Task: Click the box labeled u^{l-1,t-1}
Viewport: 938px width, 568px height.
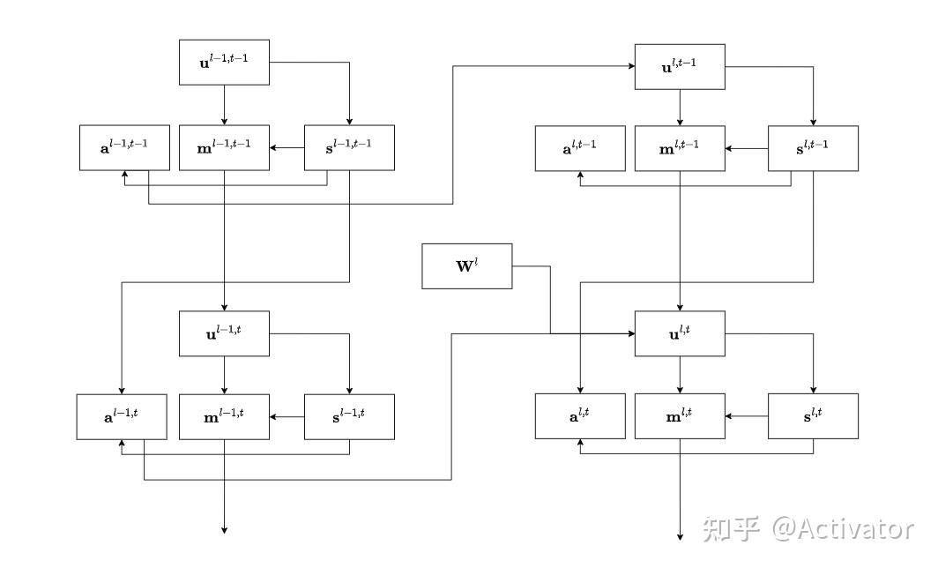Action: pyautogui.click(x=224, y=62)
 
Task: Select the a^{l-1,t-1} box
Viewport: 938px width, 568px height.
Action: pyautogui.click(x=123, y=147)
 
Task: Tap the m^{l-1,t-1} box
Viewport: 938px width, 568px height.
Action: pyautogui.click(x=224, y=147)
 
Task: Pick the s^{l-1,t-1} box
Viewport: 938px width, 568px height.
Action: pyautogui.click(x=349, y=147)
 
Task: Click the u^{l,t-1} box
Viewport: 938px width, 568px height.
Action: pyautogui.click(x=680, y=67)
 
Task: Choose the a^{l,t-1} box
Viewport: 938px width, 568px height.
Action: pyautogui.click(x=580, y=148)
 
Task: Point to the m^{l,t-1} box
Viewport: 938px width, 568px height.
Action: pyautogui.click(x=680, y=148)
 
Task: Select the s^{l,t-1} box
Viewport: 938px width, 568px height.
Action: pyautogui.click(x=813, y=148)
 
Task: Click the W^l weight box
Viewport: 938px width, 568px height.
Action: pyautogui.click(x=466, y=266)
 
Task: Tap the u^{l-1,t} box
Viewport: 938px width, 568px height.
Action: pyautogui.click(x=224, y=333)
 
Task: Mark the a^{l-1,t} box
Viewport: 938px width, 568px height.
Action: pyautogui.click(x=122, y=416)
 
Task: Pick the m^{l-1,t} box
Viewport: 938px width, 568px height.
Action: pyautogui.click(x=224, y=416)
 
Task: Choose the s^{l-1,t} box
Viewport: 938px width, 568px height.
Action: pyautogui.click(x=349, y=416)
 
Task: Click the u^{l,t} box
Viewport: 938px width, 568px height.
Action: pyautogui.click(x=680, y=333)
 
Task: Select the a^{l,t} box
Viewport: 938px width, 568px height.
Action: pyautogui.click(x=580, y=416)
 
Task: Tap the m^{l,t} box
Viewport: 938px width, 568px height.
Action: pyautogui.click(x=680, y=416)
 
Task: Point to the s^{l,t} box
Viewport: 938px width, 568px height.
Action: pyautogui.click(x=813, y=416)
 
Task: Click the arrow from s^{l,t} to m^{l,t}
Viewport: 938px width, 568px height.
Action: pyautogui.click(x=747, y=416)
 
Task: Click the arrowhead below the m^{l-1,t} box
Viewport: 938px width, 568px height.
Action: pyautogui.click(x=224, y=529)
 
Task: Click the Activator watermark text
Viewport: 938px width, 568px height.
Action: pyautogui.click(x=842, y=528)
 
